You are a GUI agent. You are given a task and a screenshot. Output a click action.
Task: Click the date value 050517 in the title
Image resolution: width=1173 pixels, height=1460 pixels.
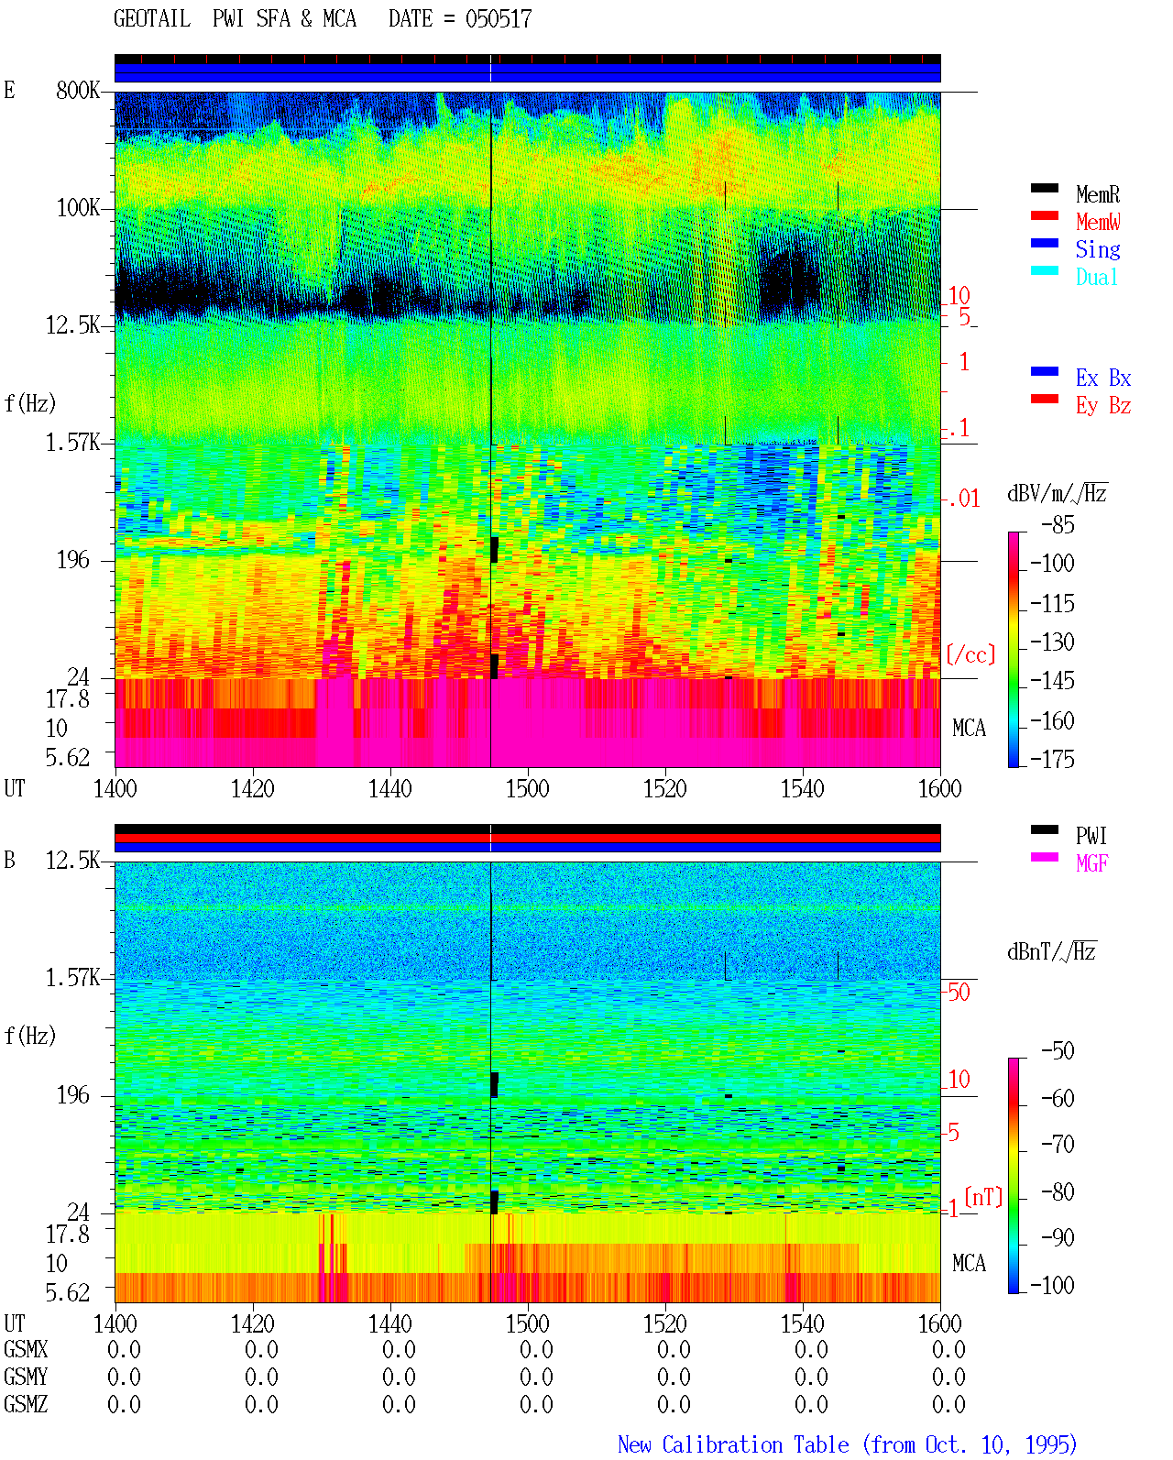(x=498, y=19)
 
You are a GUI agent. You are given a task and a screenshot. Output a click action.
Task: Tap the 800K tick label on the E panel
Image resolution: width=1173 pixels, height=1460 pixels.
(x=78, y=90)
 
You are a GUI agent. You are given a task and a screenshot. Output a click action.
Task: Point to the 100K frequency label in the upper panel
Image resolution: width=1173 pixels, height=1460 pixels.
(x=78, y=208)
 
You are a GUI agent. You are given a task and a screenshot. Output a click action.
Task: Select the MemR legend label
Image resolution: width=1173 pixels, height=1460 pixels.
(x=1098, y=194)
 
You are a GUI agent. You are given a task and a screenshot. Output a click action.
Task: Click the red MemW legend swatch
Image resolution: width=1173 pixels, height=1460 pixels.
(x=1044, y=215)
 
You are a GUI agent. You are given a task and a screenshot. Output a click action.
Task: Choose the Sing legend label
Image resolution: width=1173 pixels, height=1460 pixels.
(x=1098, y=249)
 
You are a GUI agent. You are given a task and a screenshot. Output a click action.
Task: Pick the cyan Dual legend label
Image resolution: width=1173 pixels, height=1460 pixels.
(x=1097, y=277)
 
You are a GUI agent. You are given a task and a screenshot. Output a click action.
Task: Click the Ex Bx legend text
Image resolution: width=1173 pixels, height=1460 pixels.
(x=1103, y=378)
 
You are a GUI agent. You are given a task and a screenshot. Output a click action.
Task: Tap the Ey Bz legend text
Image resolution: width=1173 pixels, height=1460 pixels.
(x=1103, y=406)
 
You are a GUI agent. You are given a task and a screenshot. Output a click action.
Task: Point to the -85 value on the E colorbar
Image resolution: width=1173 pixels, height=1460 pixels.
(x=1058, y=524)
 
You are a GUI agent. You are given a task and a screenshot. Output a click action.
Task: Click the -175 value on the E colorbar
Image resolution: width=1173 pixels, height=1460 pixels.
(x=1052, y=759)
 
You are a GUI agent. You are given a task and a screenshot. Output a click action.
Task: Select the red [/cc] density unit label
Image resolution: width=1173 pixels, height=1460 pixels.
(x=970, y=654)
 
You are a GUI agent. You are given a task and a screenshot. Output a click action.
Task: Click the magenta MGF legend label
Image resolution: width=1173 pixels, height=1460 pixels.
(x=1091, y=863)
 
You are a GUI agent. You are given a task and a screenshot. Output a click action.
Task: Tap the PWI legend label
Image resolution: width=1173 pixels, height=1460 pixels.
(x=1091, y=835)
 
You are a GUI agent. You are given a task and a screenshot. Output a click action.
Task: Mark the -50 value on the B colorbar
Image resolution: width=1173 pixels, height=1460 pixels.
(x=1058, y=1051)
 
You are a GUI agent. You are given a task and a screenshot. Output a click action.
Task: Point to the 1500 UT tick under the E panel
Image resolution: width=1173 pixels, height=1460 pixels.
(x=527, y=788)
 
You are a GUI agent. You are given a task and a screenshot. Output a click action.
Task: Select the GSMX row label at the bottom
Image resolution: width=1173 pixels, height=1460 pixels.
(x=26, y=1349)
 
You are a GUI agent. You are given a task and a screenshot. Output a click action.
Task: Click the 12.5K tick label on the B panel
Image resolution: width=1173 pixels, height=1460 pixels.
(x=72, y=861)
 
